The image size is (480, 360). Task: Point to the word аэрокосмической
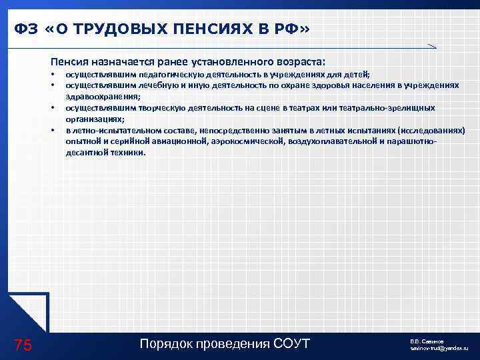point(243,141)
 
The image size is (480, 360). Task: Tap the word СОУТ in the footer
point(291,344)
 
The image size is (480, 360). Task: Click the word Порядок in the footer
point(165,344)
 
